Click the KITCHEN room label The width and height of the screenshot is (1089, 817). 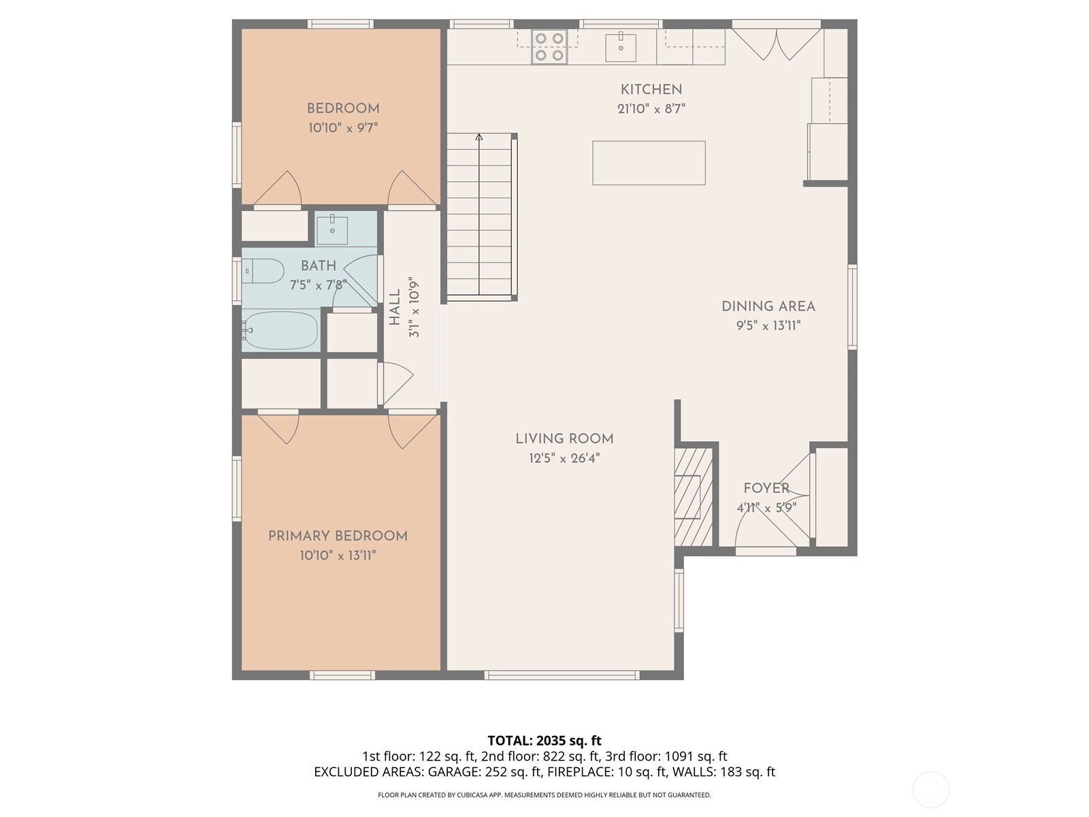point(651,89)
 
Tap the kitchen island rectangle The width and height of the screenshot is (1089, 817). point(648,163)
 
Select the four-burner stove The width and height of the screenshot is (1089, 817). point(549,47)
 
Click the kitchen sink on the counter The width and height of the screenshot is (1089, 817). point(620,47)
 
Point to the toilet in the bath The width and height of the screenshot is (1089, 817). point(264,271)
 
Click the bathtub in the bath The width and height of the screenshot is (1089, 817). point(280,331)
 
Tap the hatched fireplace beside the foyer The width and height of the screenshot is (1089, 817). point(693,496)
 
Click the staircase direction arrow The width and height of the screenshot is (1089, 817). point(479,138)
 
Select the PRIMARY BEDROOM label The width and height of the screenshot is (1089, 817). point(338,536)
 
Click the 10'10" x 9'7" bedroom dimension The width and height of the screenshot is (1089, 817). point(343,128)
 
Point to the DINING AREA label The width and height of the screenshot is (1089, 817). point(768,306)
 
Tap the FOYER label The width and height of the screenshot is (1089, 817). point(766,488)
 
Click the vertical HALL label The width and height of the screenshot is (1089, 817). point(395,307)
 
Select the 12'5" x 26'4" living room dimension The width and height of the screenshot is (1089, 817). point(564,458)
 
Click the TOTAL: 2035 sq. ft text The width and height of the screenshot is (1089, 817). point(544,740)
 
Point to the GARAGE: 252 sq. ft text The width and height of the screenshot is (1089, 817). point(484,772)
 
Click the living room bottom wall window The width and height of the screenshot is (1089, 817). point(562,675)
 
